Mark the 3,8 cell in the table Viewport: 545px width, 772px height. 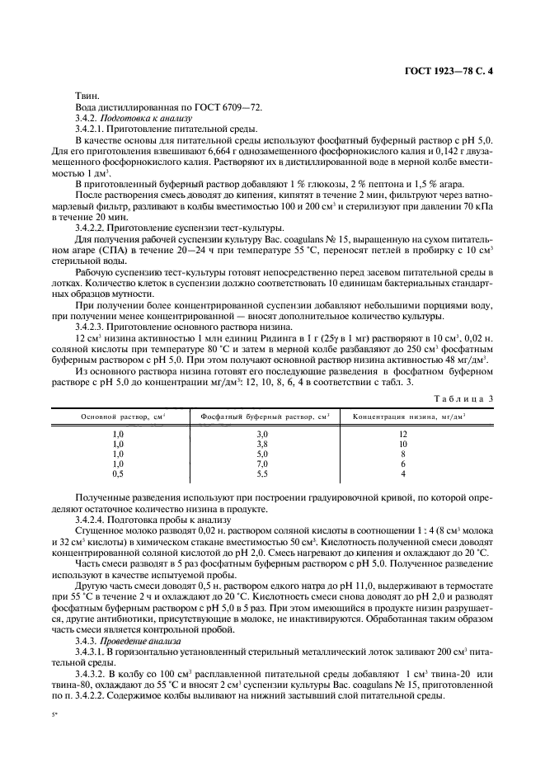tap(263, 444)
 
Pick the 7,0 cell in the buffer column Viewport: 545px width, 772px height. tap(263, 464)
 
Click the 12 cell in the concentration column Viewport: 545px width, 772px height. tap(403, 434)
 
